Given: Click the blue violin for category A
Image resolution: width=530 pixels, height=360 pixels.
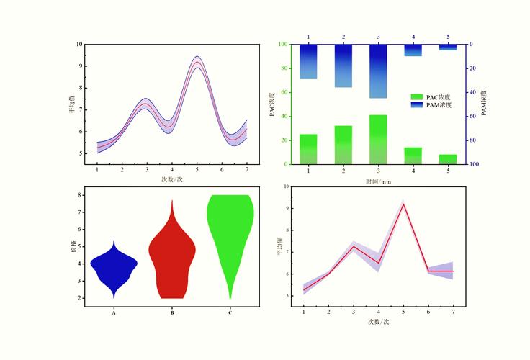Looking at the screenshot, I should coord(114,266).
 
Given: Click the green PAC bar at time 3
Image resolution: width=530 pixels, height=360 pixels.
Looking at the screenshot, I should coord(378,140).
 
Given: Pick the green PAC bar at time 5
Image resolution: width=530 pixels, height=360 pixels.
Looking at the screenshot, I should coord(448,159).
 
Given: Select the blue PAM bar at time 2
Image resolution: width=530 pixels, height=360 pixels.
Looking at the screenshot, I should coord(343,66).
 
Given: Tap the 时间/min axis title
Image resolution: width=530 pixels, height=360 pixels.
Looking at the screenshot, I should coord(378,182).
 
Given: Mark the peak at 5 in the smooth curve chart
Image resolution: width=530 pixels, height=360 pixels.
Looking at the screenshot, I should coord(197,62).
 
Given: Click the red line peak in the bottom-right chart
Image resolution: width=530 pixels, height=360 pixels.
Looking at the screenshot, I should coord(403,204).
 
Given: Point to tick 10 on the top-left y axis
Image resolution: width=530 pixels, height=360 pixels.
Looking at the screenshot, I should coord(78,44).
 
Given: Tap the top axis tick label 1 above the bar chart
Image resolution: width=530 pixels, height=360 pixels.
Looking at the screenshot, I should coord(308,36).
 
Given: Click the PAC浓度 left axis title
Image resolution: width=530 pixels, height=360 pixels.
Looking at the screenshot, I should coord(272,104).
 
